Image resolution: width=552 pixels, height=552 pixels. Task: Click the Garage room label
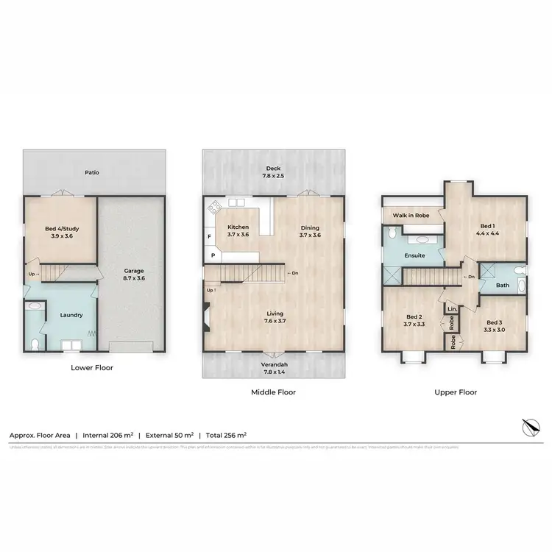[x=133, y=270]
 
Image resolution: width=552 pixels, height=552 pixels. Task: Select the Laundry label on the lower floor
[x=71, y=315]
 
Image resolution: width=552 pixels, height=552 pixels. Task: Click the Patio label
[x=91, y=173]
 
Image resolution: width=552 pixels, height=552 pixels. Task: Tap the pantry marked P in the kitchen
[x=213, y=255]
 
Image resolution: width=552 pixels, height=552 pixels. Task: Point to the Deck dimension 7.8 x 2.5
[x=273, y=177]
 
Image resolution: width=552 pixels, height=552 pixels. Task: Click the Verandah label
[x=273, y=364]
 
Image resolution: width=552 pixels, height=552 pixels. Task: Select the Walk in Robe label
[x=410, y=215]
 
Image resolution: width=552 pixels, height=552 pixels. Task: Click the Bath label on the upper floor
[x=503, y=285]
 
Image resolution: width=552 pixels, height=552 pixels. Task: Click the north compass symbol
[x=529, y=426]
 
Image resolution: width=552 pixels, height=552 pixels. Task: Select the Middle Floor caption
[x=273, y=392]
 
